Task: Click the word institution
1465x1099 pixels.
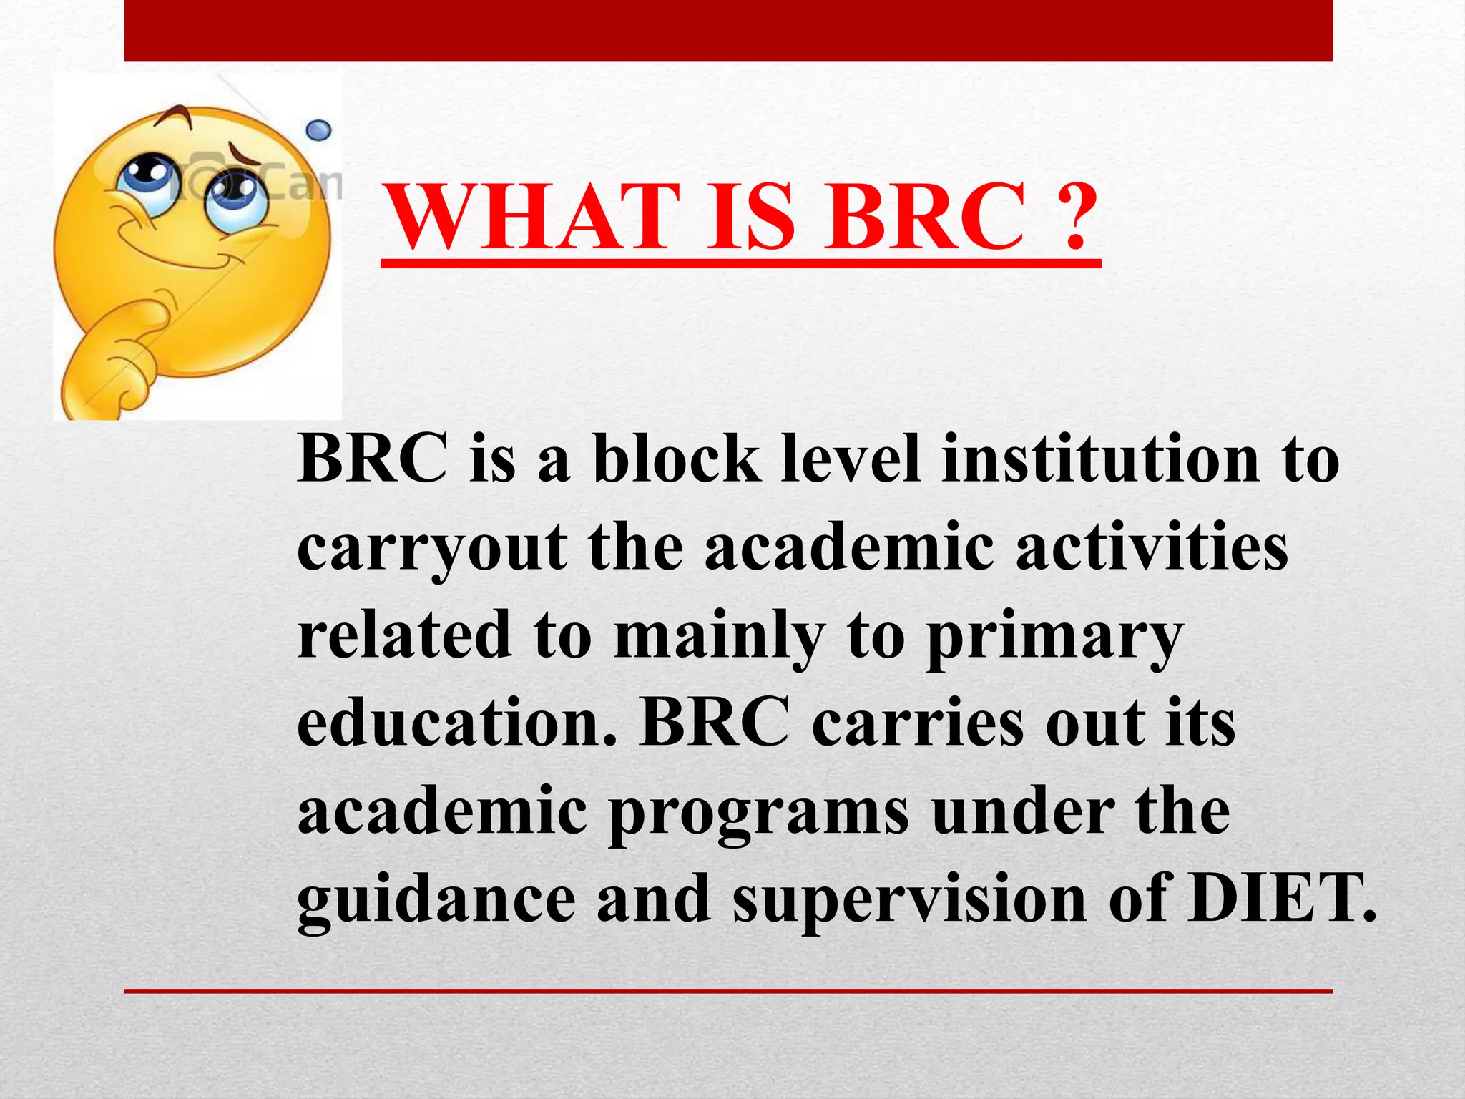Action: [1100, 459]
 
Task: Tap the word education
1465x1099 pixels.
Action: [456, 723]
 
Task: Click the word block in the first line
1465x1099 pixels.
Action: [677, 459]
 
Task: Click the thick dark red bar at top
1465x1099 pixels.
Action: [728, 30]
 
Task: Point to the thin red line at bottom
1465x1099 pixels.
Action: [728, 991]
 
